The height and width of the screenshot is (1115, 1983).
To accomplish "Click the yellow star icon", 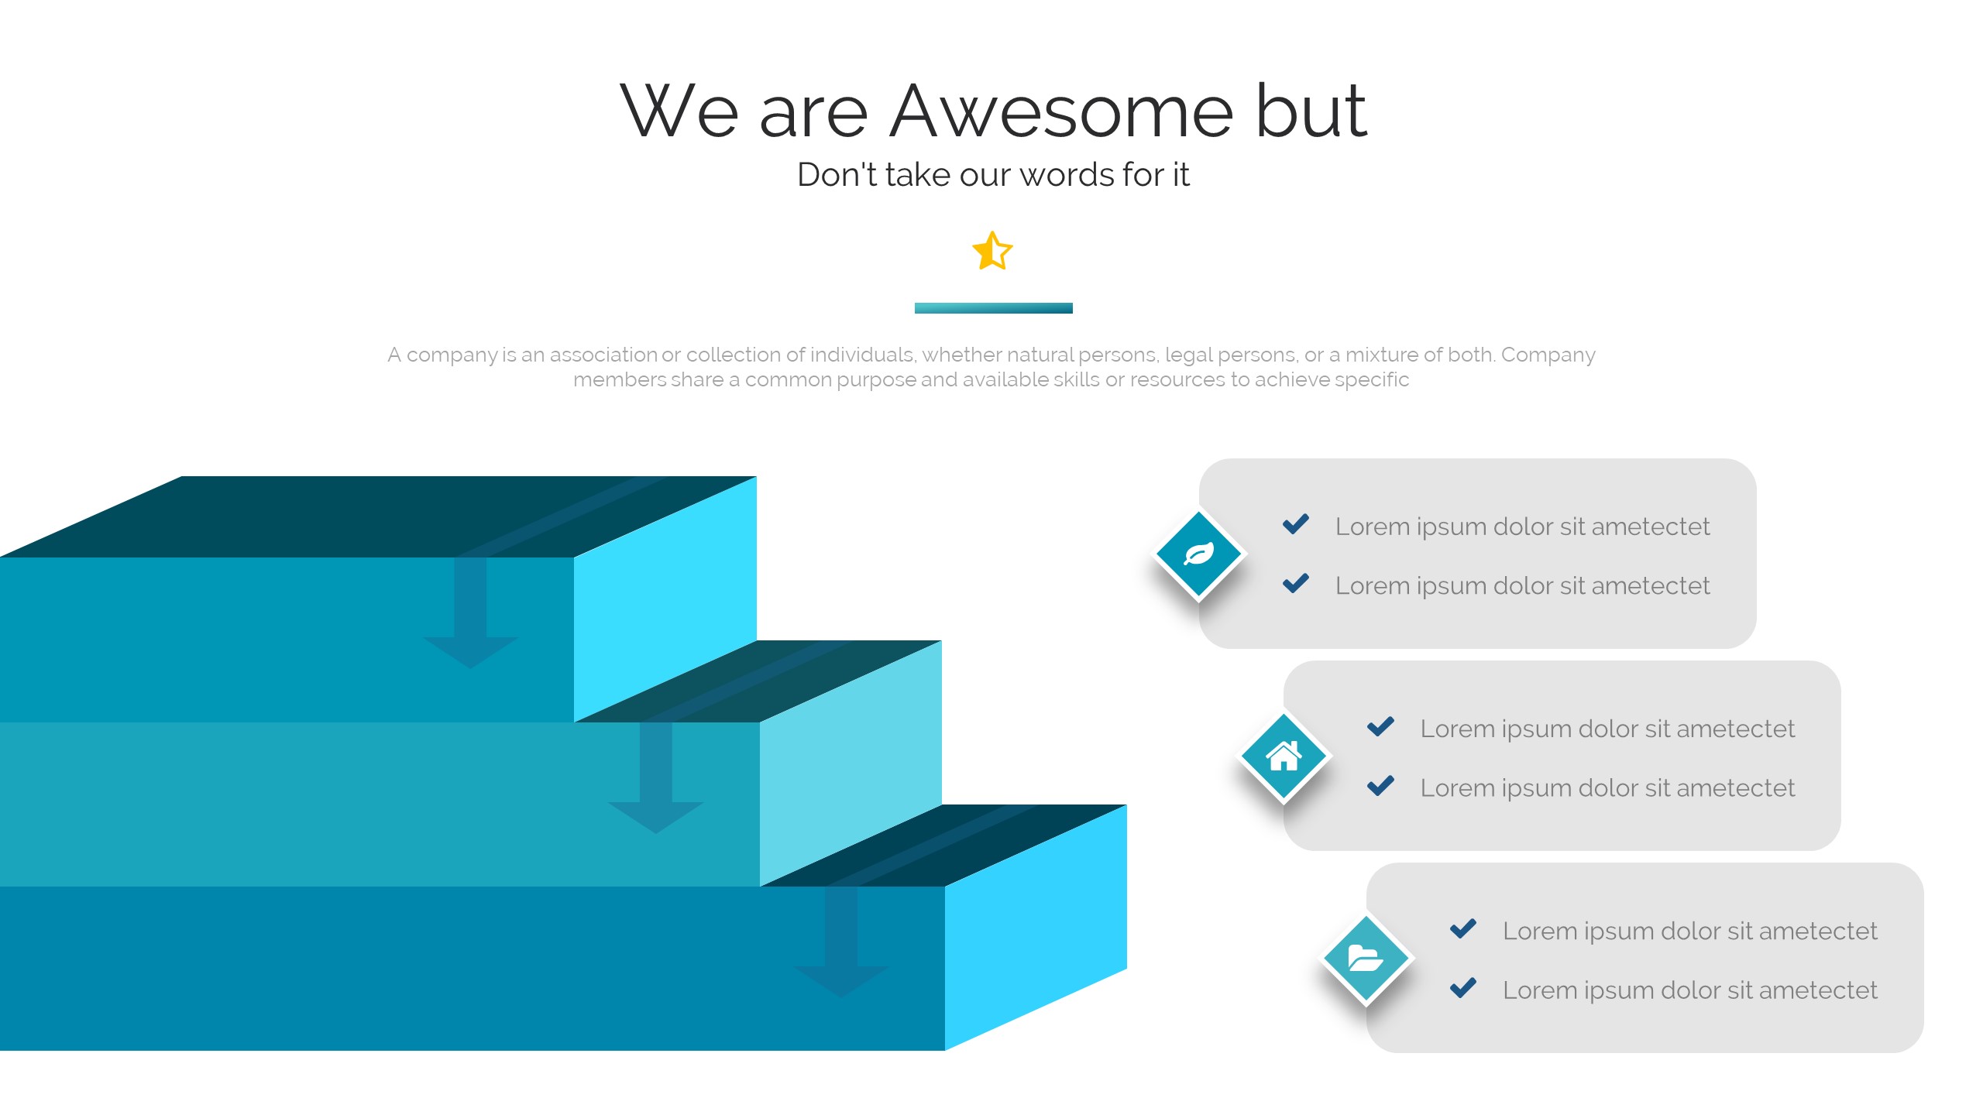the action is click(x=992, y=251).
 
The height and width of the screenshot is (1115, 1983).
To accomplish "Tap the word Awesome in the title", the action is click(x=1061, y=111).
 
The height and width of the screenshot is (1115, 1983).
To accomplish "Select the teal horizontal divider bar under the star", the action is click(x=993, y=308).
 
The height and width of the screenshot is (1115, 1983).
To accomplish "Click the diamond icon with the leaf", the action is click(x=1199, y=554).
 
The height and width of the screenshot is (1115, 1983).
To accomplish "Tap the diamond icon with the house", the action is click(x=1284, y=756).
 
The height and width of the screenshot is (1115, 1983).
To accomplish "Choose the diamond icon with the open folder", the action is click(x=1366, y=959).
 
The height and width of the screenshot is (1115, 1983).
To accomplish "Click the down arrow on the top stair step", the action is click(x=470, y=612).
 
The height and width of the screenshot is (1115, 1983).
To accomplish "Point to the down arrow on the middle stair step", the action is click(x=655, y=777).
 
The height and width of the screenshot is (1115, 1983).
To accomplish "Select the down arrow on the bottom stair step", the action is click(x=841, y=942).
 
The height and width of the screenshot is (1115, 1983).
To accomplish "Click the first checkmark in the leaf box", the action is click(x=1296, y=524).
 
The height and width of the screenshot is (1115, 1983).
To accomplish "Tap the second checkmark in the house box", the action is click(x=1380, y=786).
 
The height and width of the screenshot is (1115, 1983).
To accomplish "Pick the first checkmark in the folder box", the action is click(x=1463, y=928).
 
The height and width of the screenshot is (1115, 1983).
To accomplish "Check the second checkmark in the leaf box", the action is click(x=1296, y=583).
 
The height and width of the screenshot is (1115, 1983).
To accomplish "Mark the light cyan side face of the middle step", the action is click(x=851, y=763).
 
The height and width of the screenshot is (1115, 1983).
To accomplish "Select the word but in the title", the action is click(x=1311, y=111).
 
